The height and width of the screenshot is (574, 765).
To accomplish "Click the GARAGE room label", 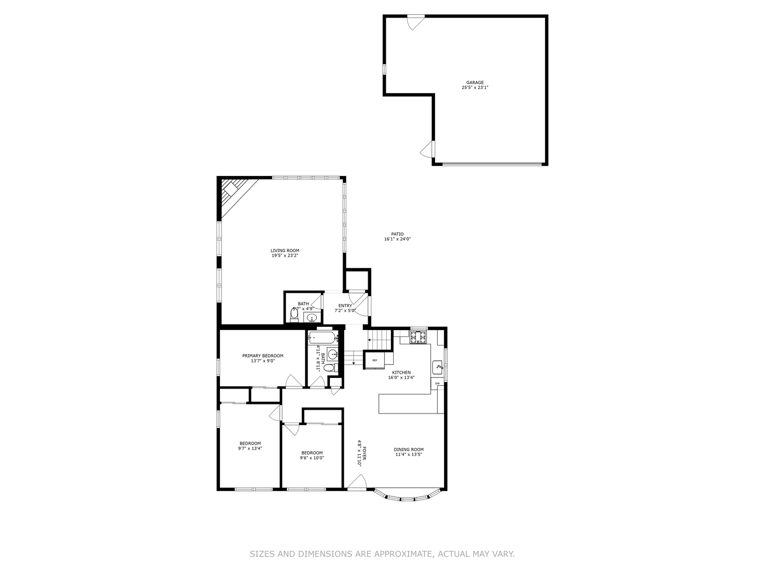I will coord(475,82).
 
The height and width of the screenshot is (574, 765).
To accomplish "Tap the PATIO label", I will coord(397,234).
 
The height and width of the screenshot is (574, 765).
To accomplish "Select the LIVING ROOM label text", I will coord(285,250).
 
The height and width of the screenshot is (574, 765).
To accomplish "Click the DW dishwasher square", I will coord(437,383).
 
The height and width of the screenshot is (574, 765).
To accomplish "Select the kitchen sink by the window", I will coord(438,366).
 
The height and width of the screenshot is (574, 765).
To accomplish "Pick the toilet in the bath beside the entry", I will coord(294,314).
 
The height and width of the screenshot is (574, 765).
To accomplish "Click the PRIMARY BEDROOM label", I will coord(262,356).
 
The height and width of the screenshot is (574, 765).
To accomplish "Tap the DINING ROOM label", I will coord(409,449).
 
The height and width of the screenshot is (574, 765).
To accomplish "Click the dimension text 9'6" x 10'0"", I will coord(312,458).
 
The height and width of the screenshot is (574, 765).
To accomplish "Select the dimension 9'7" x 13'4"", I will coord(250,449).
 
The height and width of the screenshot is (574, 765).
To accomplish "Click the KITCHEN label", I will coord(401,373).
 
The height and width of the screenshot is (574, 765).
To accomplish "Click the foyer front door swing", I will coord(356,482).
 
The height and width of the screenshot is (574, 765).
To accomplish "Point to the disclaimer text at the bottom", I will coord(382,554).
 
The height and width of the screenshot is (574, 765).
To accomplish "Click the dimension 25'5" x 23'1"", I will coord(475,88).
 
